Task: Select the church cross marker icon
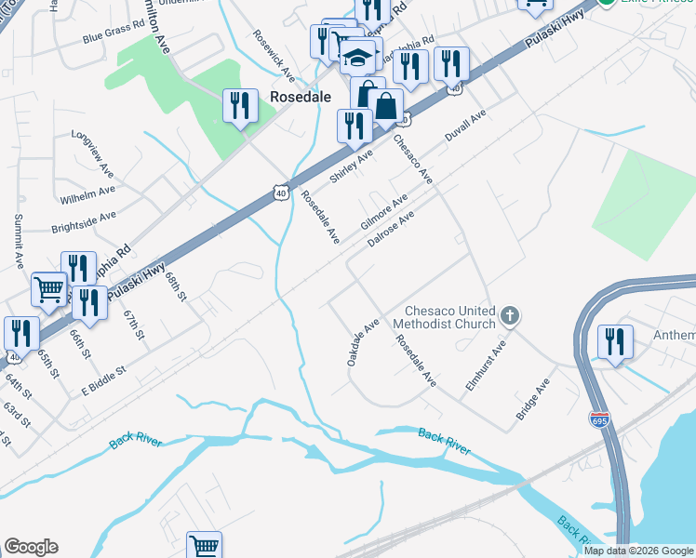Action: (x=509, y=316)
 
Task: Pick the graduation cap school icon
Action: (x=356, y=58)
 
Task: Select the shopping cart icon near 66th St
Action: (x=48, y=288)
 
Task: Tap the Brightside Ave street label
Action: (x=84, y=220)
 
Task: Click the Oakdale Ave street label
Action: (x=364, y=342)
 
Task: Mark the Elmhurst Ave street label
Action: (x=486, y=364)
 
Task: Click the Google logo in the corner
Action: (x=31, y=547)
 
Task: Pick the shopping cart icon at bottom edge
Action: (x=204, y=546)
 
